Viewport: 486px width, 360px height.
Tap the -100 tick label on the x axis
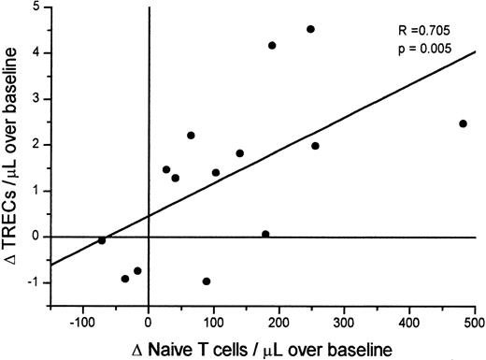pos(81,323)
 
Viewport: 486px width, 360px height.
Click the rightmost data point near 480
pos(463,123)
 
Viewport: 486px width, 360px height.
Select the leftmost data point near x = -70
pos(102,240)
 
